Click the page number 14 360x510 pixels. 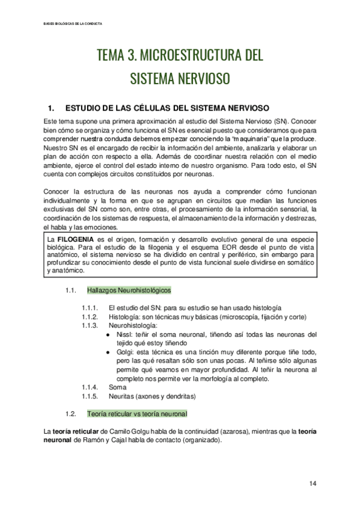point(313,484)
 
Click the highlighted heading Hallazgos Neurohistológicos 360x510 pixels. point(129,290)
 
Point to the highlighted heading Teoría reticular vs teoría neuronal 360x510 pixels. point(137,414)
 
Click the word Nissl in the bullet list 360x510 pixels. point(123,334)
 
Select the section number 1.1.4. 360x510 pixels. point(92,387)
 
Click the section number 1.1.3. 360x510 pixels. point(92,325)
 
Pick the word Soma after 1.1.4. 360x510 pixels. point(118,387)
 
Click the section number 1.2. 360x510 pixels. point(71,414)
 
